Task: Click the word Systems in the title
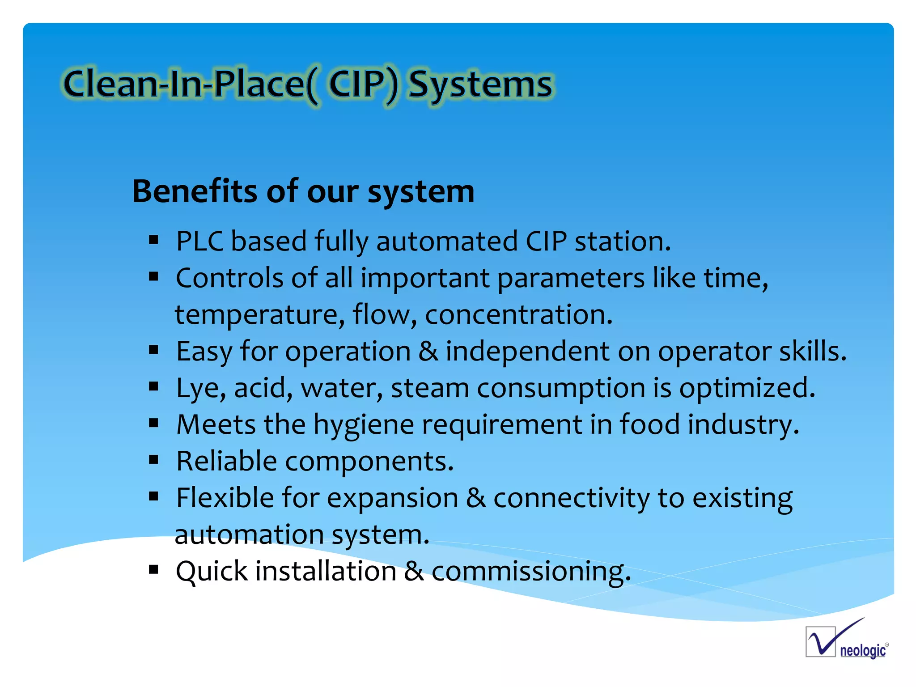(x=481, y=85)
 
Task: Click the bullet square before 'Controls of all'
(x=154, y=277)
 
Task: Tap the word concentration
(x=518, y=315)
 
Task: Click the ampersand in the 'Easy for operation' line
(x=428, y=352)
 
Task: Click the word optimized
(x=747, y=388)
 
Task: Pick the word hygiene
(x=363, y=425)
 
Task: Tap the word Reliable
(x=226, y=461)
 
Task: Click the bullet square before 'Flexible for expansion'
(x=154, y=496)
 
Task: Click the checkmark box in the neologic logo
(x=820, y=642)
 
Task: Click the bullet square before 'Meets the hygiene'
(x=154, y=423)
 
